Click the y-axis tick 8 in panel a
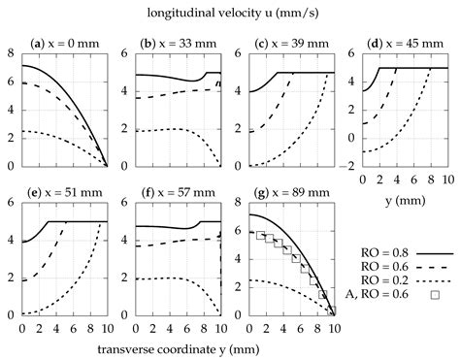pos(10,51)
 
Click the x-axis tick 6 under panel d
pos(411,180)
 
